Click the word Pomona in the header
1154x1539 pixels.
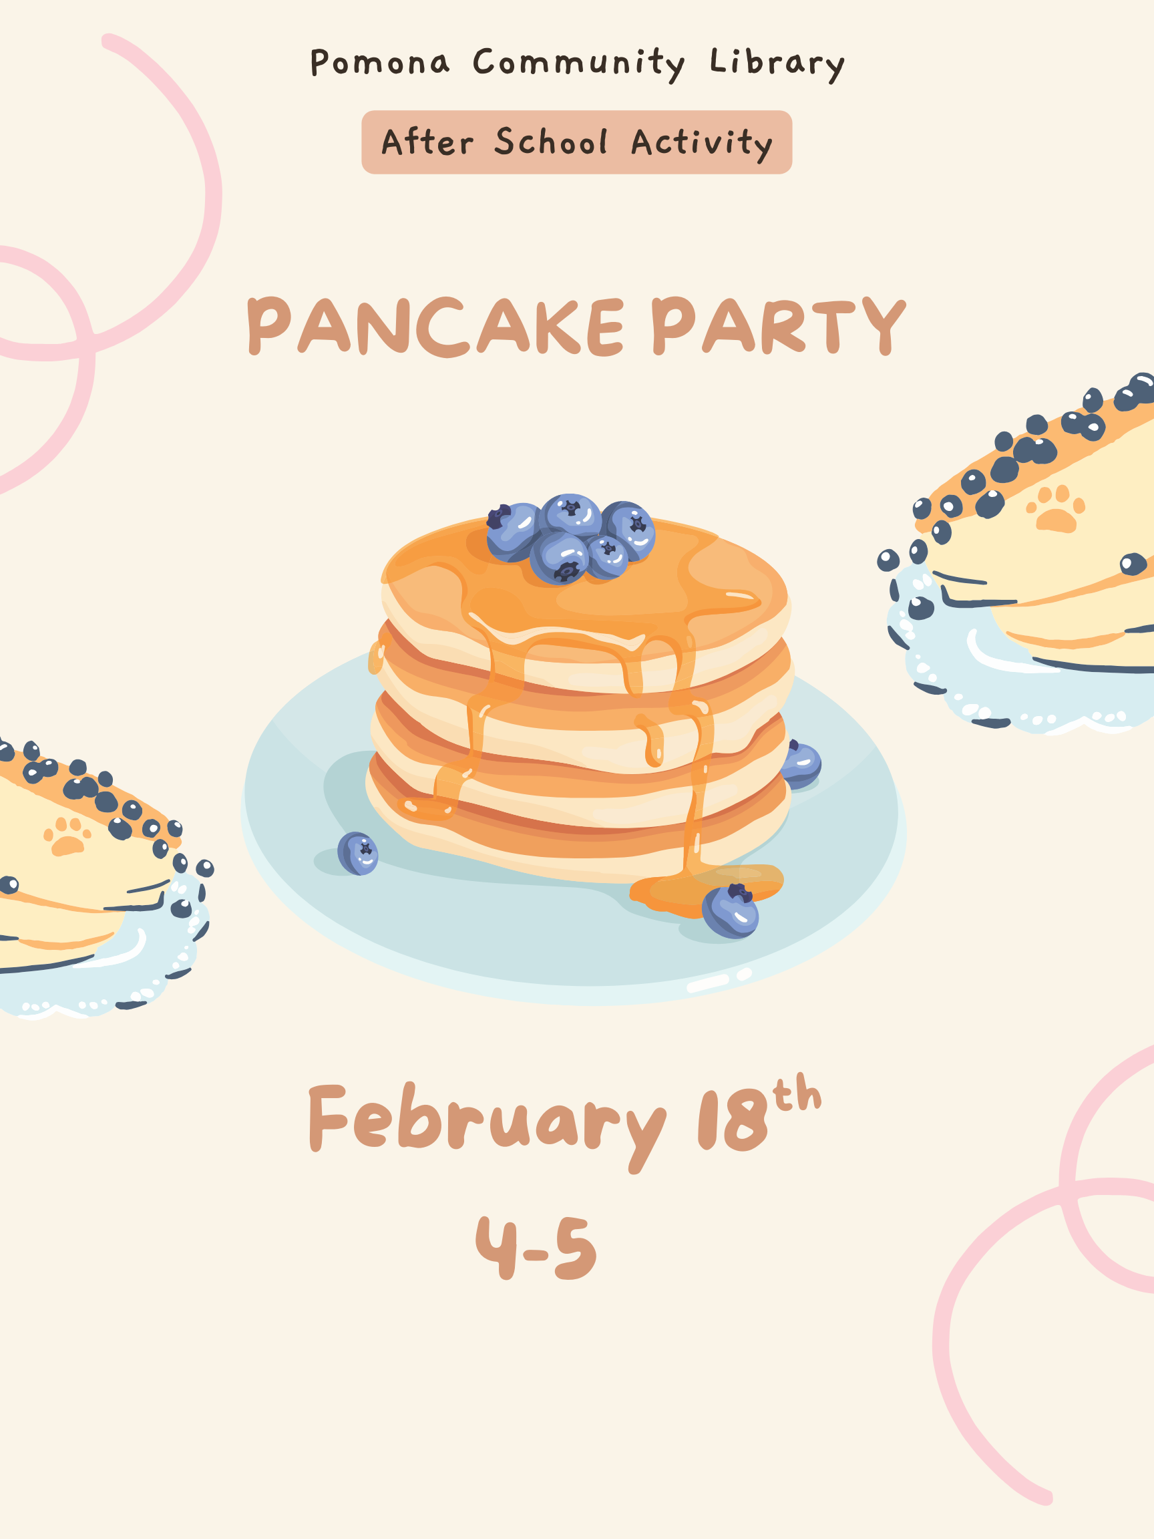tap(380, 62)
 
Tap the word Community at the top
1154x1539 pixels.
tap(579, 64)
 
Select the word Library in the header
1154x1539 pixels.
tap(777, 64)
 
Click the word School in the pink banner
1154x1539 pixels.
tap(551, 142)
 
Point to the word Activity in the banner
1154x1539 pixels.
tap(702, 144)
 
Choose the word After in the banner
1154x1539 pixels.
tap(427, 142)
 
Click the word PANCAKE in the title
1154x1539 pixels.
tap(436, 327)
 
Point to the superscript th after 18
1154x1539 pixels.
tap(797, 1092)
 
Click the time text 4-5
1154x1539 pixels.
tap(536, 1248)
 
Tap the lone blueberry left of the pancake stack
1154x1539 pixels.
tap(357, 853)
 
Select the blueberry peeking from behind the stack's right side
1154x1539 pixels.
tap(802, 764)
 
